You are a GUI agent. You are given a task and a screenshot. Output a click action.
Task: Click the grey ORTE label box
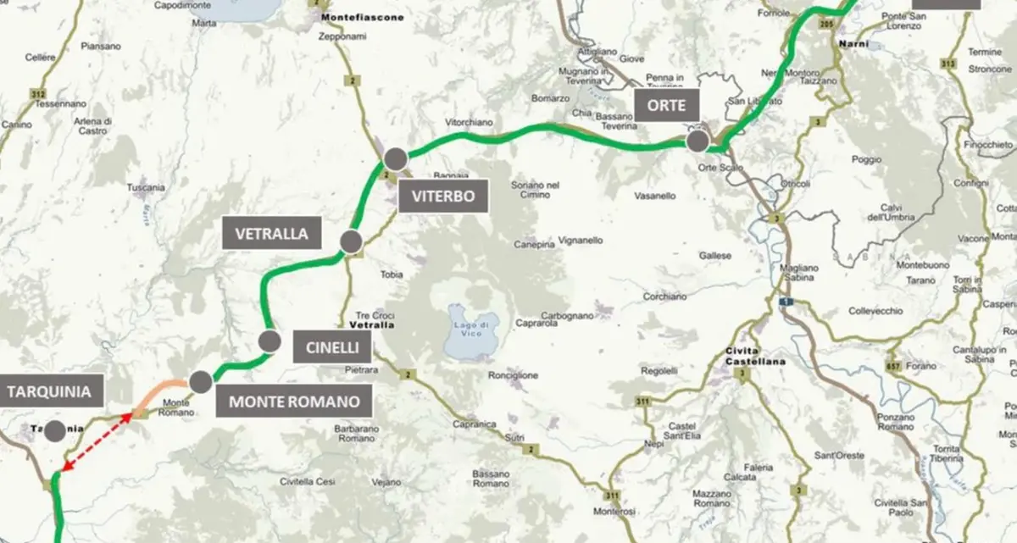click(x=669, y=106)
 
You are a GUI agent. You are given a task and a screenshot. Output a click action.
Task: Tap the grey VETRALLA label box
click(x=271, y=233)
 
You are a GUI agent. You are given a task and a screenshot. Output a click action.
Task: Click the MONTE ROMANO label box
click(x=294, y=401)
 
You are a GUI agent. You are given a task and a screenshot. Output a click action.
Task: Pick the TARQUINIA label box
click(x=49, y=391)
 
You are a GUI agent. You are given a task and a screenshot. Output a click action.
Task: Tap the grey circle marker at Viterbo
click(x=395, y=159)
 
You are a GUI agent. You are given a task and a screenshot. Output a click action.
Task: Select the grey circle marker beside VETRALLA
click(x=352, y=242)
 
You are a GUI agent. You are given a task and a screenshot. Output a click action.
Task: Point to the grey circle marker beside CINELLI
click(x=270, y=341)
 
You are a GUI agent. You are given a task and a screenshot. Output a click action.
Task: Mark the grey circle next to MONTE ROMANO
click(x=200, y=382)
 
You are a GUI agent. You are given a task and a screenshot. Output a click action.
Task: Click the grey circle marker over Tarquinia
click(x=54, y=430)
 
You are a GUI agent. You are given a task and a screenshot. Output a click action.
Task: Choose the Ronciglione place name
click(x=514, y=375)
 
